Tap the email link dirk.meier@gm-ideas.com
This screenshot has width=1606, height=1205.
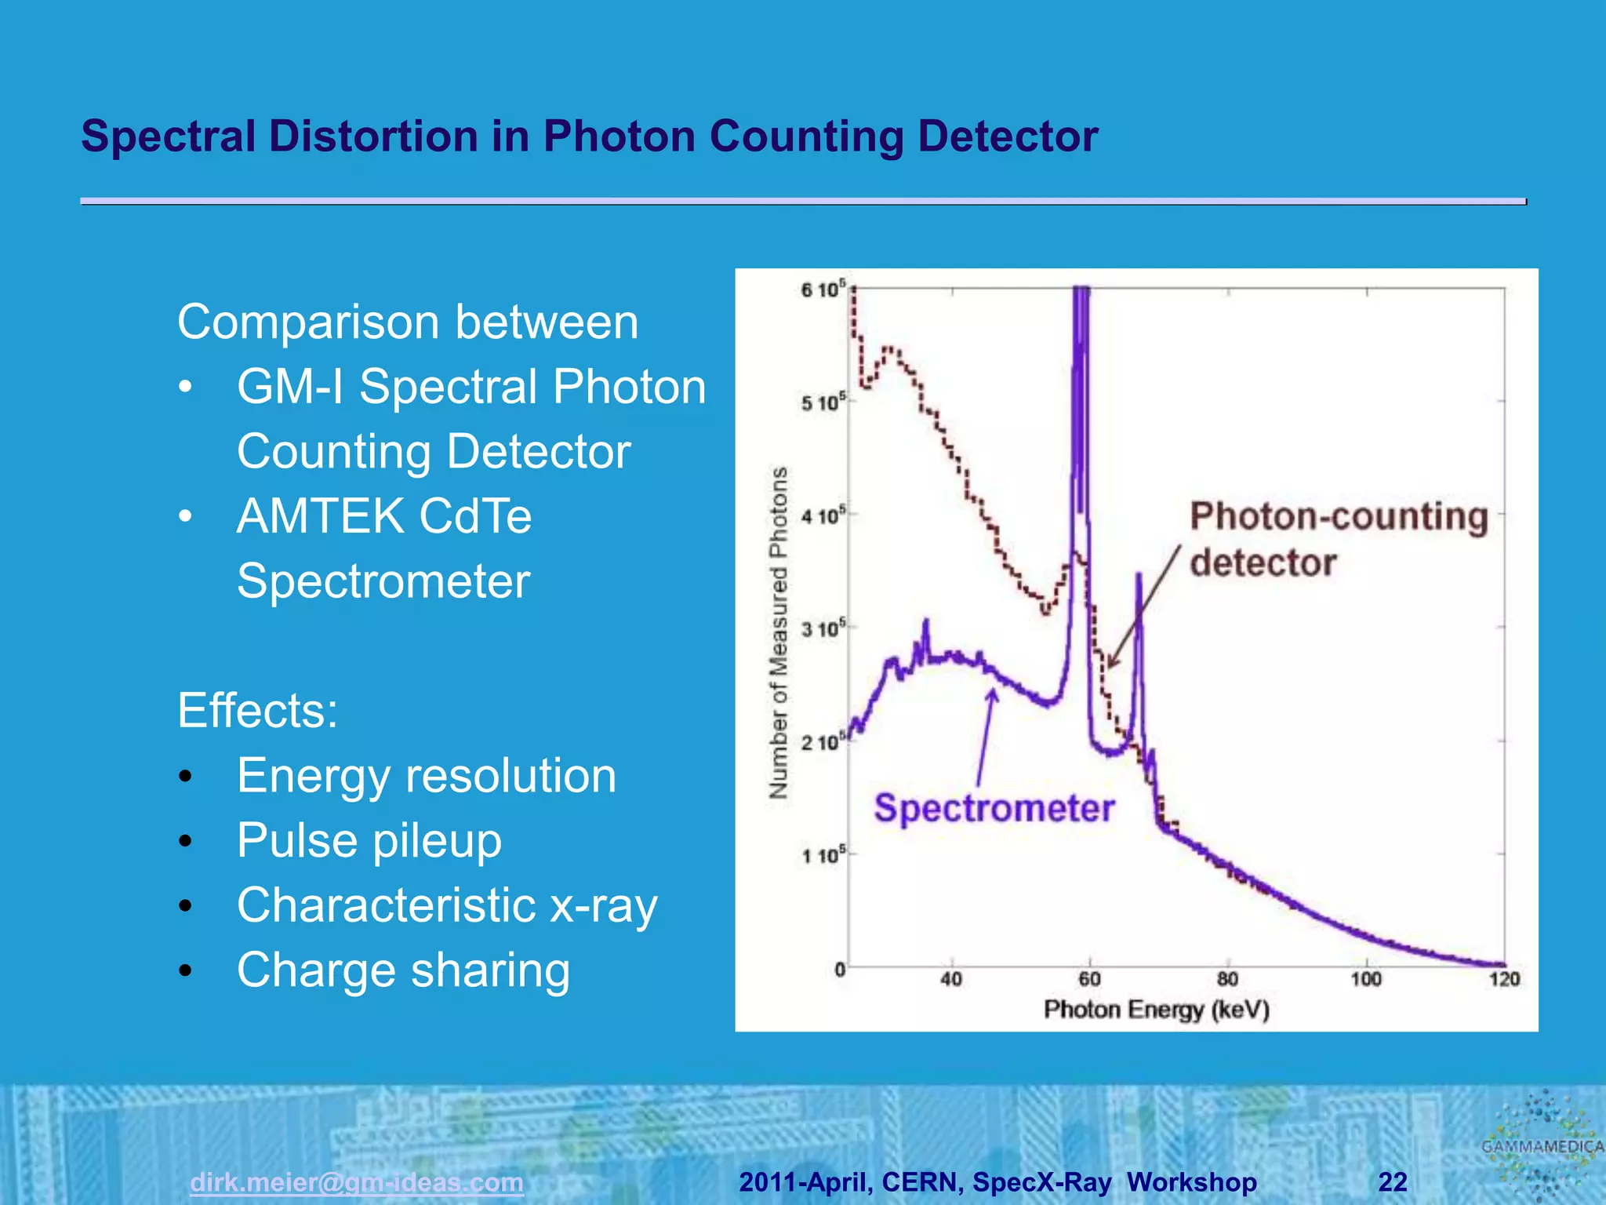coord(356,1181)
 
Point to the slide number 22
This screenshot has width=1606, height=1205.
coord(1392,1181)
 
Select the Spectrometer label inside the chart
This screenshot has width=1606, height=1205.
coord(994,808)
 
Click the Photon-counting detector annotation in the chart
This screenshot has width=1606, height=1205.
coord(1338,539)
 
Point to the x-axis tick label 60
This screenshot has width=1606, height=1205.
coord(1089,979)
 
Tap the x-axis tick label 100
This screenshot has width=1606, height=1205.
coord(1365,979)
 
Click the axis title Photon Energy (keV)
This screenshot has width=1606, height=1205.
coord(1156,1010)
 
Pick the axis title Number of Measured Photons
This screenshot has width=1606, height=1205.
coord(778,632)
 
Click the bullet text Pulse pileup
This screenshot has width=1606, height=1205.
coord(369,840)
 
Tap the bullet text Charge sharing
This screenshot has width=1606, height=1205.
coord(403,970)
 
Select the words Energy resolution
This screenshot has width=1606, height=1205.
coord(427,776)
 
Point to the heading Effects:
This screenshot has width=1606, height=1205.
coord(257,711)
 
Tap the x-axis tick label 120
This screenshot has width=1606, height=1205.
coord(1503,979)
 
